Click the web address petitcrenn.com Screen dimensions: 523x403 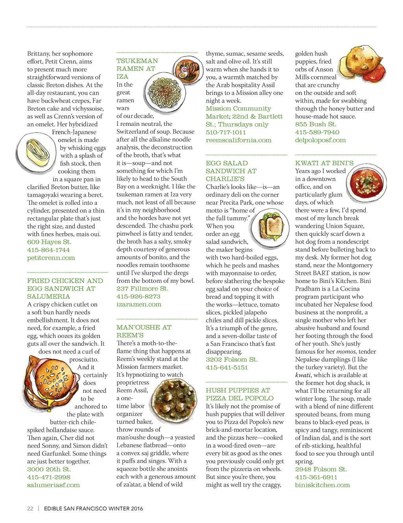[x=51, y=258]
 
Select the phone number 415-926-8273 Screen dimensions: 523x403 [x=138, y=296]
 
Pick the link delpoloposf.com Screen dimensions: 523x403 [x=320, y=140]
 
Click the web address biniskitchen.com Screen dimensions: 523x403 [x=322, y=485]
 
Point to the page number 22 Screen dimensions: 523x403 [x=30, y=508]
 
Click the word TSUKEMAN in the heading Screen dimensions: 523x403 [x=137, y=61]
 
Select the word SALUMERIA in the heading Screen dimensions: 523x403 [x=48, y=296]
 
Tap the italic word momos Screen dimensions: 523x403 [x=346, y=352]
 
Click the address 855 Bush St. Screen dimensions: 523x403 [x=316, y=125]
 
